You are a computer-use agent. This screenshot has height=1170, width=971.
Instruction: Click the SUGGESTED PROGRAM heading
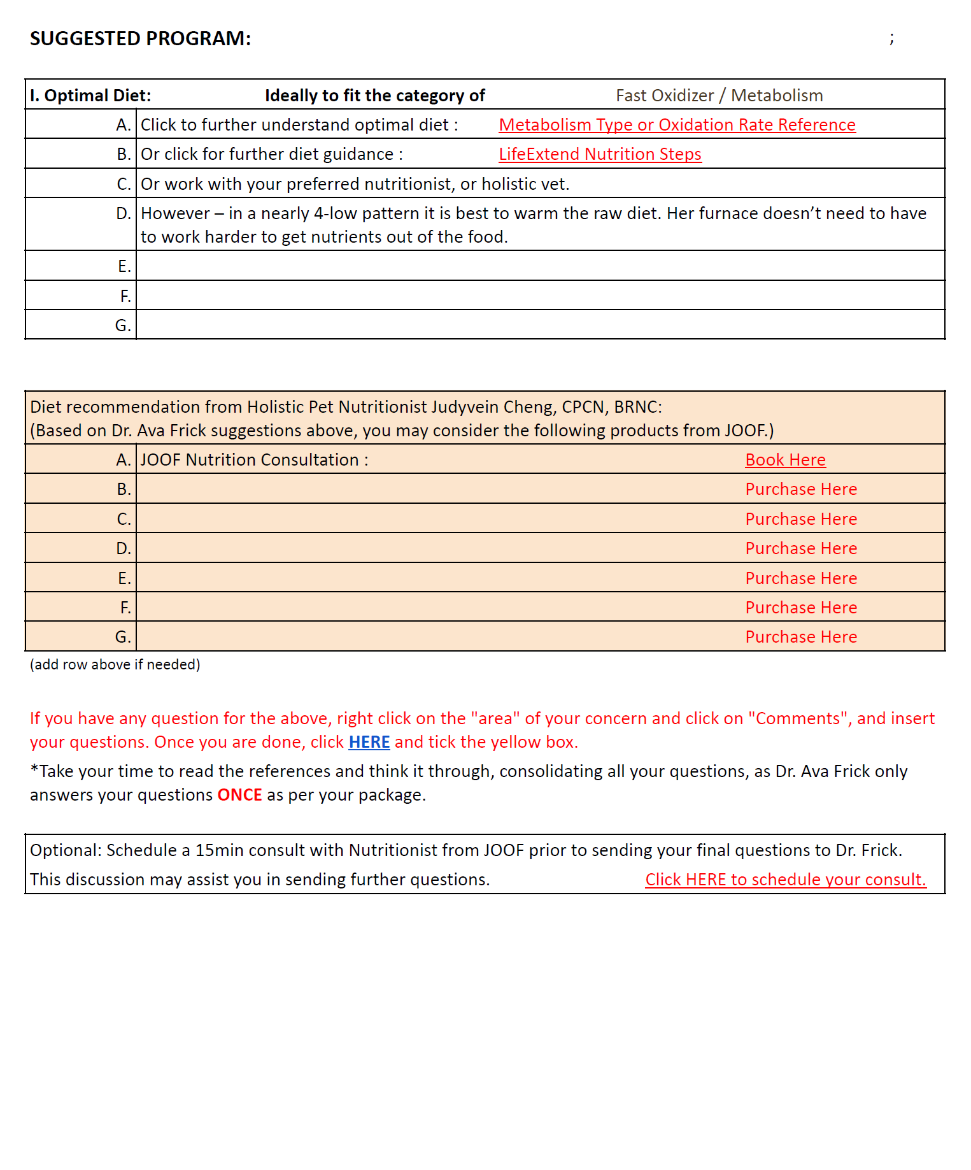point(140,39)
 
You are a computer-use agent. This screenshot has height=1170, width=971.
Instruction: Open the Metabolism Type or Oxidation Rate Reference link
point(677,125)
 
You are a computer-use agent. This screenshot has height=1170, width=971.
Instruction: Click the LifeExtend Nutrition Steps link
point(600,154)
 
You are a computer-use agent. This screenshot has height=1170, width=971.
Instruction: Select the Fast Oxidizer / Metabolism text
point(719,96)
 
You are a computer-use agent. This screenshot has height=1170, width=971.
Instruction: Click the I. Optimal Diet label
point(90,96)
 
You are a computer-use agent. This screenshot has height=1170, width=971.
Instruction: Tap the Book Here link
point(785,460)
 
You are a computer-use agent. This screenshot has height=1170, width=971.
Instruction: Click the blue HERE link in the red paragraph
point(369,742)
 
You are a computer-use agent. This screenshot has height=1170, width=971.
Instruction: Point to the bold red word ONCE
point(239,795)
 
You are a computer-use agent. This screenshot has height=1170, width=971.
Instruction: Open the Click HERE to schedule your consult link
point(785,880)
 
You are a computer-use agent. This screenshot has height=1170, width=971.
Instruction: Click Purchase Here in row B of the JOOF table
point(801,489)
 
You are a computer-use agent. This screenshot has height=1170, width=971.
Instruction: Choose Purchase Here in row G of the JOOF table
point(801,637)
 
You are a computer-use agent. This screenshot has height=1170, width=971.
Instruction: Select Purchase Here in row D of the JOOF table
point(801,548)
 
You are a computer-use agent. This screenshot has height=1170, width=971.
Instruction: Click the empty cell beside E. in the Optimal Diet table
point(540,266)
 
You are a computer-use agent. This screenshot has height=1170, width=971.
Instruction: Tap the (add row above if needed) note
point(115,664)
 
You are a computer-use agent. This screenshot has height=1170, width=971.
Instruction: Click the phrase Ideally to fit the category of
point(374,96)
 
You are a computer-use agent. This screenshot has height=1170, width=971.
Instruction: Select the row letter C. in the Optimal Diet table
point(124,184)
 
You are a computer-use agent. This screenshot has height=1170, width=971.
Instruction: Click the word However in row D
point(175,213)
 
